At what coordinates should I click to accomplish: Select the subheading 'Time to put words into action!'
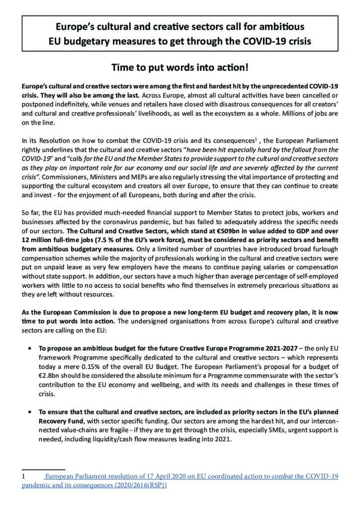pyautogui.click(x=180, y=66)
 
